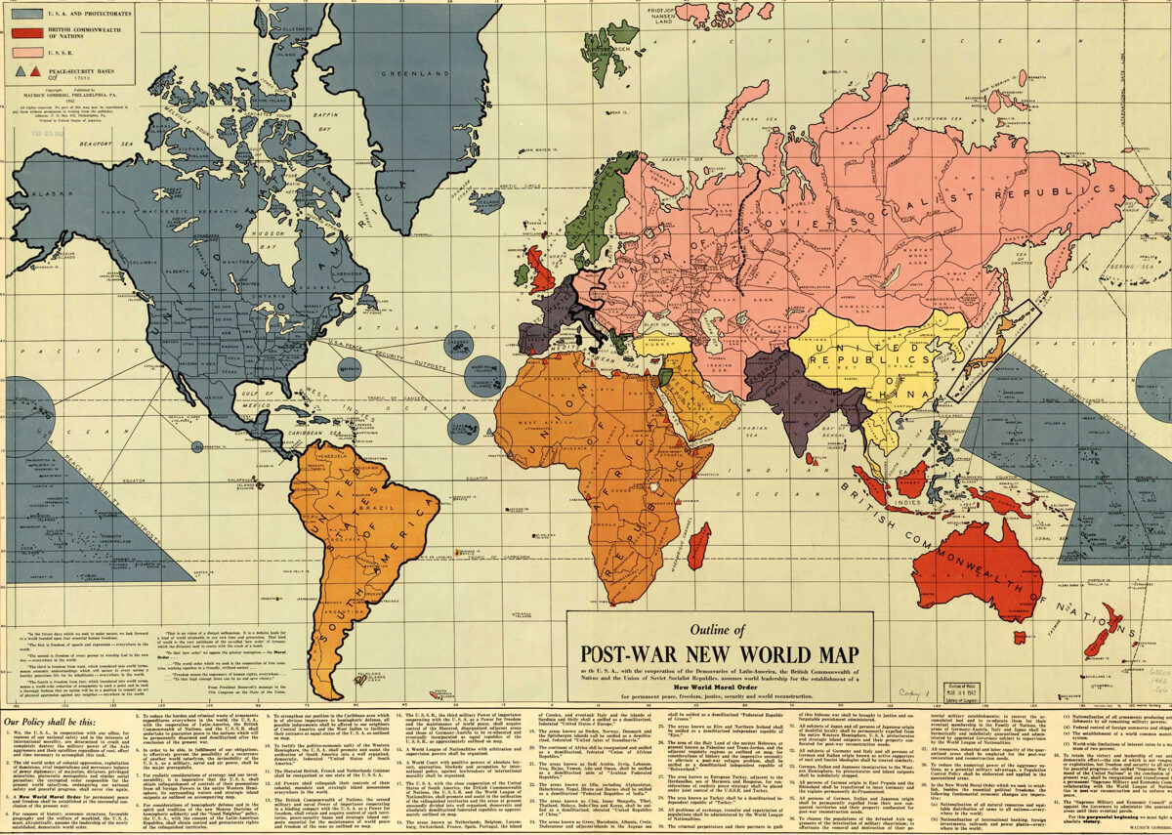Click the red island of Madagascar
(698, 544)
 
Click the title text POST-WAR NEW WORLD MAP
(721, 653)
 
